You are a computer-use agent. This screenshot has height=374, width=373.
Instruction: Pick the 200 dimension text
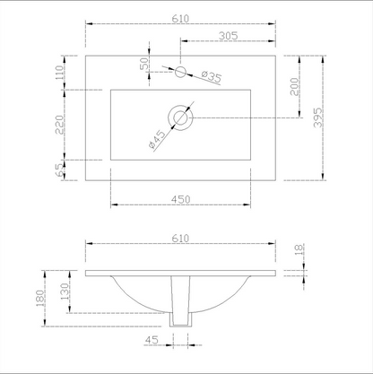tap(295, 87)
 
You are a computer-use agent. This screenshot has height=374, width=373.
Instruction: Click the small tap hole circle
tap(180, 70)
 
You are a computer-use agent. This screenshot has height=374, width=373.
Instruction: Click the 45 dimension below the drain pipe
tap(152, 340)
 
